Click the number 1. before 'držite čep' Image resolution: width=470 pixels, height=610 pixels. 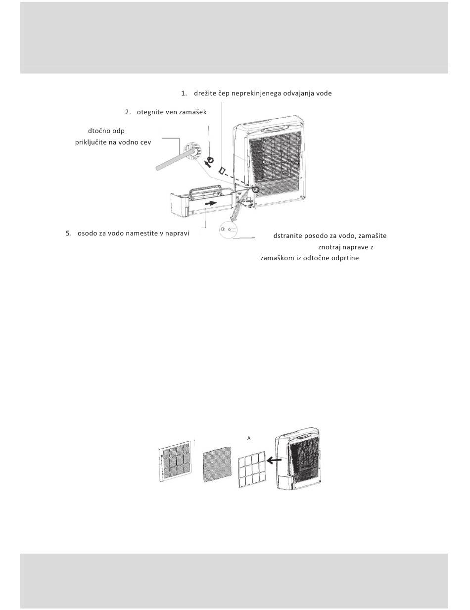(184, 94)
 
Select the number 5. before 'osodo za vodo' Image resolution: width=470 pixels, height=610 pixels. (68, 234)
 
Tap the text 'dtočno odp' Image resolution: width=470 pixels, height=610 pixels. (106, 131)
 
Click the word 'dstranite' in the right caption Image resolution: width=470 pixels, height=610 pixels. (287, 236)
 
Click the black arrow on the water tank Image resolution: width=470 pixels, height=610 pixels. (211, 203)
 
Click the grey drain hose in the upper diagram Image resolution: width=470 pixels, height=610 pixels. (175, 160)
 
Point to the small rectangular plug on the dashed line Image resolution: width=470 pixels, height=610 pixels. (222, 170)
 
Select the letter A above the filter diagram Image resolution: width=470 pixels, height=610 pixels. (249, 438)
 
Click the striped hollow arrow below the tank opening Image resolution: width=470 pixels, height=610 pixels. (235, 213)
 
